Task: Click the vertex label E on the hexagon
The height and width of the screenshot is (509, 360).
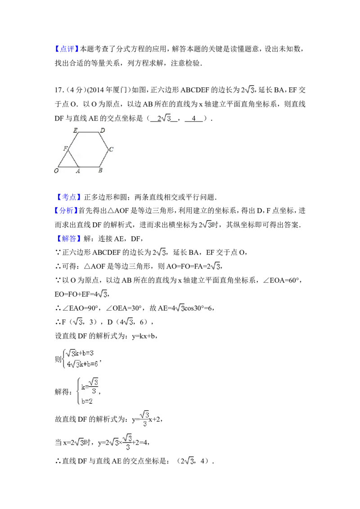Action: point(75,130)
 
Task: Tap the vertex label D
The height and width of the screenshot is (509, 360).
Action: point(103,130)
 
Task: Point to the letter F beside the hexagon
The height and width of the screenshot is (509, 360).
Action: point(65,148)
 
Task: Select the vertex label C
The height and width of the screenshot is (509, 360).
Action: point(111,149)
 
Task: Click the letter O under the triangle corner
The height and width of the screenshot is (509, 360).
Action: point(56,171)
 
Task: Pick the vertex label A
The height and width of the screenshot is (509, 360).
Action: point(78,171)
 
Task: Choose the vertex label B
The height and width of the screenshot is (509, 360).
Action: point(100,170)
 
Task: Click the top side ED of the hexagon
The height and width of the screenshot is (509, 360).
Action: point(89,133)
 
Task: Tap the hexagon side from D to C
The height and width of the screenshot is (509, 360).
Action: point(104,141)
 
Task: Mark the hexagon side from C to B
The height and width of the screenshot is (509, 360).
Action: point(104,158)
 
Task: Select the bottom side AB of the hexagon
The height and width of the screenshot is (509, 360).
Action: point(89,167)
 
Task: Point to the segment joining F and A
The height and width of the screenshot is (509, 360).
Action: point(74,158)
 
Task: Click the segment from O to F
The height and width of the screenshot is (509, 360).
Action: point(63,158)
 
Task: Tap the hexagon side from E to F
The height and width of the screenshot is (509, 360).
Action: point(74,141)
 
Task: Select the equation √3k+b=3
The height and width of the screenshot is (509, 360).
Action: point(81,354)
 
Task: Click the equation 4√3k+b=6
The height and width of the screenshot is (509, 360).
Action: point(81,364)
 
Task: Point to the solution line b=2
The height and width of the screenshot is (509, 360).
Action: point(87,401)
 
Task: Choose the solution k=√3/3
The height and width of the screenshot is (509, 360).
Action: point(90,385)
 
